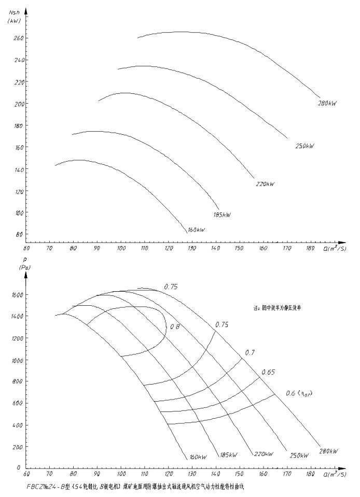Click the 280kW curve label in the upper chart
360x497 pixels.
[327, 104]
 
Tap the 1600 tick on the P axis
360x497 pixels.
[18, 294]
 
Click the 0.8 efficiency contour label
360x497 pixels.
[175, 326]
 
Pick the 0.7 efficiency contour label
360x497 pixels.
[250, 352]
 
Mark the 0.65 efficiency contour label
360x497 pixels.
[268, 372]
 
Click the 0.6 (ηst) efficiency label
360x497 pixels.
[299, 393]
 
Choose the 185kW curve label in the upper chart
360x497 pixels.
[221, 215]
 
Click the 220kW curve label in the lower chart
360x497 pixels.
[264, 454]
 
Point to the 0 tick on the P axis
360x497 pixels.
[20, 468]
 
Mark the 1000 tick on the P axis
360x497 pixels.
[18, 360]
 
